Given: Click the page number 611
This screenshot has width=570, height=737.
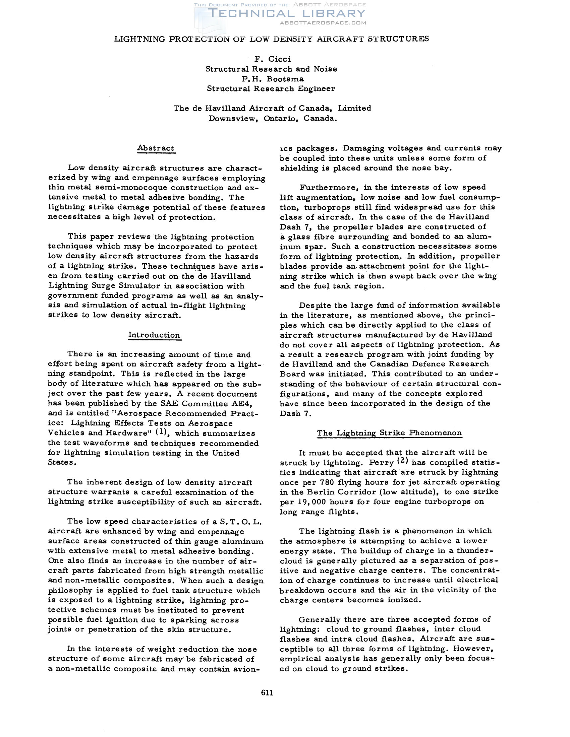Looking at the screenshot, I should pos(267,692).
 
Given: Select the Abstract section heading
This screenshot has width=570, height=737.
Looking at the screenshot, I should pos(156,148).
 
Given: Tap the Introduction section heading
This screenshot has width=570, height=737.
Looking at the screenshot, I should pos(154,335).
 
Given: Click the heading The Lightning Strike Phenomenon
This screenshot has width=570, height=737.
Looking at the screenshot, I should pos(389,433).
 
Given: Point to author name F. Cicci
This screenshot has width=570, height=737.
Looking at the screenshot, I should pos(273,59).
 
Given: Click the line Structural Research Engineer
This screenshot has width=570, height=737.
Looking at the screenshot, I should pos(271,89).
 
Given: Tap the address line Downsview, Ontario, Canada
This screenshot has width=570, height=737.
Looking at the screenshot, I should pos(273,119).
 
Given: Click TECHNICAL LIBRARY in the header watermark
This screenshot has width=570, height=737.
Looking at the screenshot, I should pos(287,14).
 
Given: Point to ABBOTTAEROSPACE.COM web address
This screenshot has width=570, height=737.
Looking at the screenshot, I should pos(323,23).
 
